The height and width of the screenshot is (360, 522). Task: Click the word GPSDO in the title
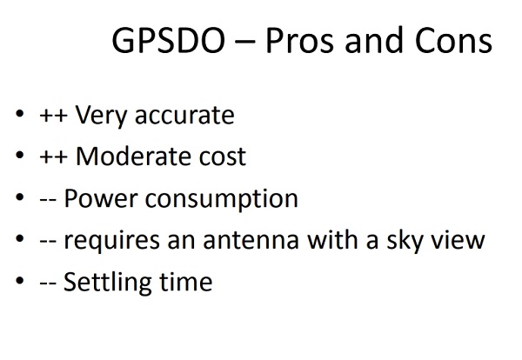tap(169, 41)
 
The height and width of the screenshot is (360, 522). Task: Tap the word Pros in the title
tap(299, 41)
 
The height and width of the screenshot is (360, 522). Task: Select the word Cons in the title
tap(453, 41)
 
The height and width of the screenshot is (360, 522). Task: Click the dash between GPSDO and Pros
tap(245, 42)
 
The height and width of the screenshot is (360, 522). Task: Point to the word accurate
tap(184, 116)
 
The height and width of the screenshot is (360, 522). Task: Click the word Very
tap(101, 117)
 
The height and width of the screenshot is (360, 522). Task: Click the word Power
tap(101, 198)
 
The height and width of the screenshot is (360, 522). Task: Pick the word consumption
tap(221, 200)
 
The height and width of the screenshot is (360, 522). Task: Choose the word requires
tap(111, 241)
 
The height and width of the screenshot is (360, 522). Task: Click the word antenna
tap(251, 240)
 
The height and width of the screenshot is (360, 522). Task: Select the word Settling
tap(108, 283)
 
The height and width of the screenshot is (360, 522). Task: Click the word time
tap(186, 282)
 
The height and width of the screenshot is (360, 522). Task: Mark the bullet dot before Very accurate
tap(20, 114)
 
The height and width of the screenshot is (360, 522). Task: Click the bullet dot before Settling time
tap(20, 280)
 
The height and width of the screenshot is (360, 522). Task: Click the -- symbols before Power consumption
tap(48, 200)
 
